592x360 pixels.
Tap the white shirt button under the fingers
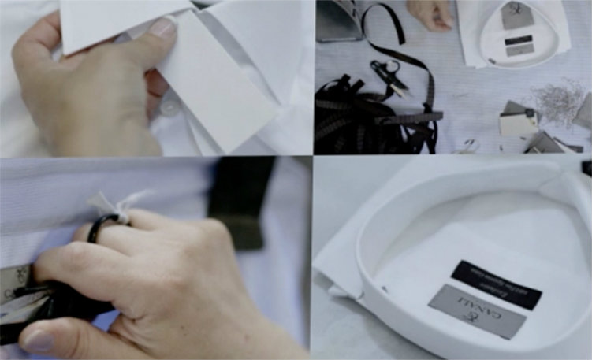coord(169,106)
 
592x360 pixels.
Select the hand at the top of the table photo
coord(430,13)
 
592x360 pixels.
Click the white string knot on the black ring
coord(106,204)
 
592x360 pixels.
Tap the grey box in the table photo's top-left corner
coord(337,20)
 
